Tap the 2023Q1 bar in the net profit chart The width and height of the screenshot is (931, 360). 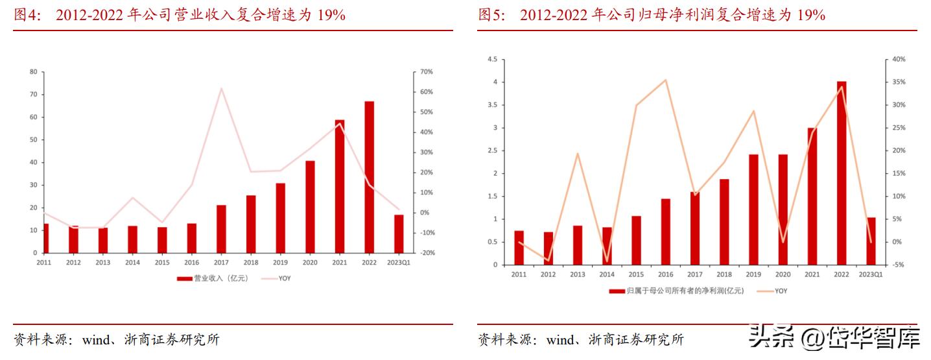[871, 241]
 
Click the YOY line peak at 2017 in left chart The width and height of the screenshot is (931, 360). [221, 88]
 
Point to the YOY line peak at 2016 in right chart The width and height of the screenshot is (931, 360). [665, 80]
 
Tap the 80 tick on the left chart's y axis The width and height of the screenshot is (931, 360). [32, 72]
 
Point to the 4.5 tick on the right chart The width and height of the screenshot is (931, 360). [491, 60]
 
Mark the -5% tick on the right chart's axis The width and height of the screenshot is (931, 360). [898, 265]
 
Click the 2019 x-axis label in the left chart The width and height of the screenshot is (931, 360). [281, 263]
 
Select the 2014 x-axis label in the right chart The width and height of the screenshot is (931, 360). [607, 275]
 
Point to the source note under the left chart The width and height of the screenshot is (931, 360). [117, 340]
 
